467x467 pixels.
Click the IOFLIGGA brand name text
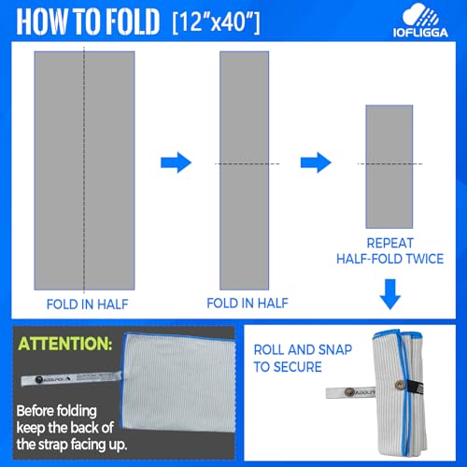[x=420, y=33]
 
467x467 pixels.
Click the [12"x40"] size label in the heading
[x=216, y=21]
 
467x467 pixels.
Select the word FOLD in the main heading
[x=132, y=21]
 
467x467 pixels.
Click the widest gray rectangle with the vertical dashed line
[x=84, y=171]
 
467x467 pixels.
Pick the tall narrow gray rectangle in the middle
[x=244, y=171]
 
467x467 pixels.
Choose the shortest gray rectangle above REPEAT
[x=389, y=166]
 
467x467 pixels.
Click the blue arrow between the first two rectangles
[x=176, y=163]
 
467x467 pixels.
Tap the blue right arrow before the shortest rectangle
[x=316, y=163]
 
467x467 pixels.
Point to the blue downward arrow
[x=390, y=294]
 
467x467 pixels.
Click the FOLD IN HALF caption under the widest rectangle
[x=87, y=304]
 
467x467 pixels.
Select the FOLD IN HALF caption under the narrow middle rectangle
[x=248, y=303]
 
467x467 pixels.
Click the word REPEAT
[x=389, y=243]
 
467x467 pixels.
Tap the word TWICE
[x=426, y=259]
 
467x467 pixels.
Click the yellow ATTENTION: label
[x=65, y=344]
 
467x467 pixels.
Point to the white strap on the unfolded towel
[x=71, y=378]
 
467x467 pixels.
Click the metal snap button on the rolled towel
[x=398, y=386]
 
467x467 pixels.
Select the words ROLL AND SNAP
[x=303, y=350]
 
